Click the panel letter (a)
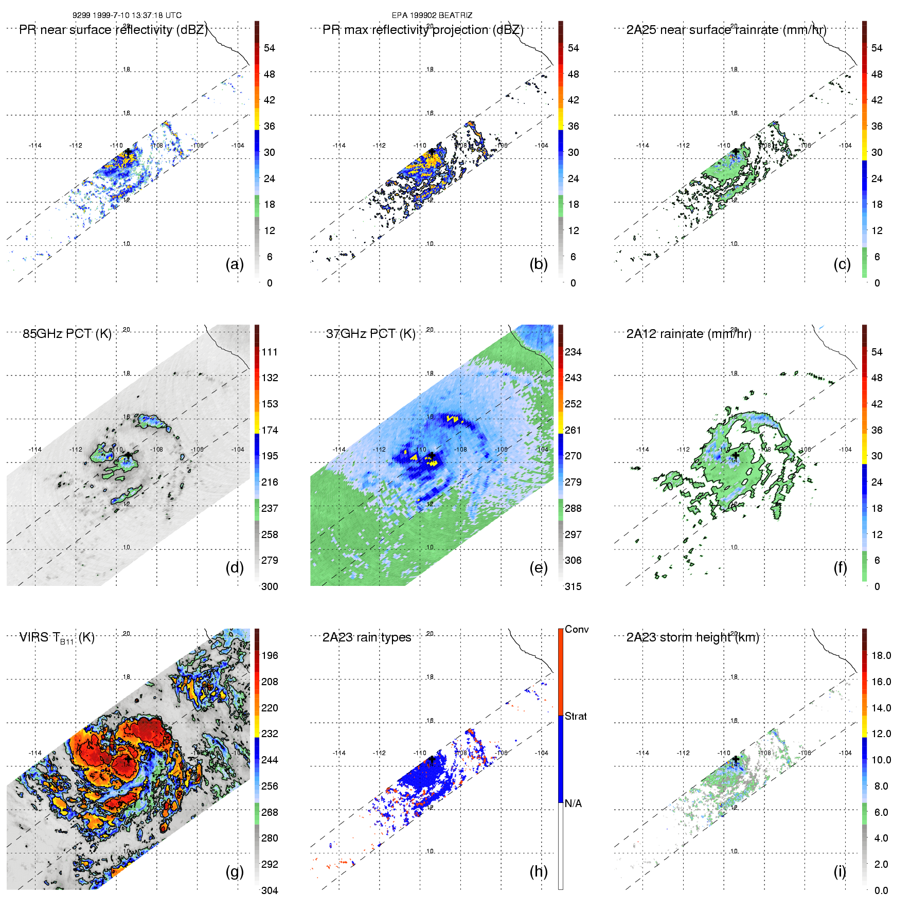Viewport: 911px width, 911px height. pyautogui.click(x=235, y=264)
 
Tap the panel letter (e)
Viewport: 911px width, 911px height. pyautogui.click(x=539, y=568)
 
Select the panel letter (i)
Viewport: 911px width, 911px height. pyautogui.click(x=839, y=871)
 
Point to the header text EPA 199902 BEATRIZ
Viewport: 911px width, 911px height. pyautogui.click(x=432, y=15)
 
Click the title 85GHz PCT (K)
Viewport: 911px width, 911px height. pyautogui.click(x=67, y=334)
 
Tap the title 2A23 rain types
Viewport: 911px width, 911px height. pyautogui.click(x=366, y=637)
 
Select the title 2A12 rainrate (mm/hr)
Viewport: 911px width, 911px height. pyautogui.click(x=688, y=334)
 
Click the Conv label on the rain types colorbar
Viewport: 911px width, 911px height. pyautogui.click(x=576, y=630)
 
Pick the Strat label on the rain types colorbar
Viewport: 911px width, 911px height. pyautogui.click(x=576, y=716)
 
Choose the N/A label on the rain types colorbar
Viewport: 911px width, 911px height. pyautogui.click(x=573, y=803)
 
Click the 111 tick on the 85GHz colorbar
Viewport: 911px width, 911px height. pyautogui.click(x=270, y=352)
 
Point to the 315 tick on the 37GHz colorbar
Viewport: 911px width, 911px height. pyautogui.click(x=573, y=586)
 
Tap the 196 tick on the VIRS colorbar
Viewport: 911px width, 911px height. pyautogui.click(x=270, y=655)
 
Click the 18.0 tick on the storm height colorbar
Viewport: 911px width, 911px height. pyautogui.click(x=881, y=655)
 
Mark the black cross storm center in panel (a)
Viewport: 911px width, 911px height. pyautogui.click(x=128, y=152)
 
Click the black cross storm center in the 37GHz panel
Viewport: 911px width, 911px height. pyautogui.click(x=432, y=456)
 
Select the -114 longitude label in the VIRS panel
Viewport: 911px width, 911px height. pyautogui.click(x=35, y=753)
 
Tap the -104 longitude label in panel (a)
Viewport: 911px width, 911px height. pyautogui.click(x=238, y=146)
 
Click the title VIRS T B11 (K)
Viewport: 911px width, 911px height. pyautogui.click(x=57, y=638)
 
